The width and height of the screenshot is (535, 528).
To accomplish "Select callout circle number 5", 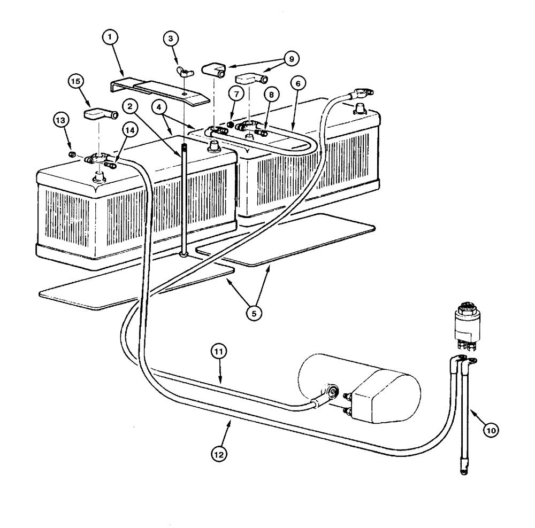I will [255, 312].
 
